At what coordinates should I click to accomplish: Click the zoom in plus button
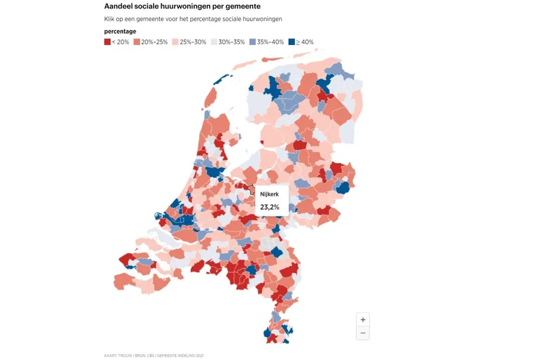pyautogui.click(x=363, y=320)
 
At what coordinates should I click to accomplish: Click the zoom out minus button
pyautogui.click(x=363, y=333)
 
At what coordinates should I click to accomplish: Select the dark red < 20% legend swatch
pyautogui.click(x=108, y=42)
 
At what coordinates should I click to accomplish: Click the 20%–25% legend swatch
pyautogui.click(x=137, y=42)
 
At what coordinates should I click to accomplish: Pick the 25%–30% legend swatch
pyautogui.click(x=175, y=42)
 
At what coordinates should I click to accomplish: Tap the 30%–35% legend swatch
pyautogui.click(x=214, y=42)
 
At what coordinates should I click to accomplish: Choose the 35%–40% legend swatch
pyautogui.click(x=252, y=42)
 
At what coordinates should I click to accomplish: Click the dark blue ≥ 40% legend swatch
pyautogui.click(x=292, y=42)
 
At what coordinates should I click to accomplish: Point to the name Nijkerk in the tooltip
pyautogui.click(x=269, y=194)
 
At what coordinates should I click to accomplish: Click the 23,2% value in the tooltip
pyautogui.click(x=269, y=207)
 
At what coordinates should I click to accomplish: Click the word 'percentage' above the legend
pyautogui.click(x=120, y=31)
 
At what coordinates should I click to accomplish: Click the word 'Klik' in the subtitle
pyautogui.click(x=110, y=19)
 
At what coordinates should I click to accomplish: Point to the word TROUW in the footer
pyautogui.click(x=127, y=355)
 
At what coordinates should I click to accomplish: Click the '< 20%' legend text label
pyautogui.click(x=121, y=42)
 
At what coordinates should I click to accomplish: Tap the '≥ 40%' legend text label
pyautogui.click(x=305, y=42)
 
